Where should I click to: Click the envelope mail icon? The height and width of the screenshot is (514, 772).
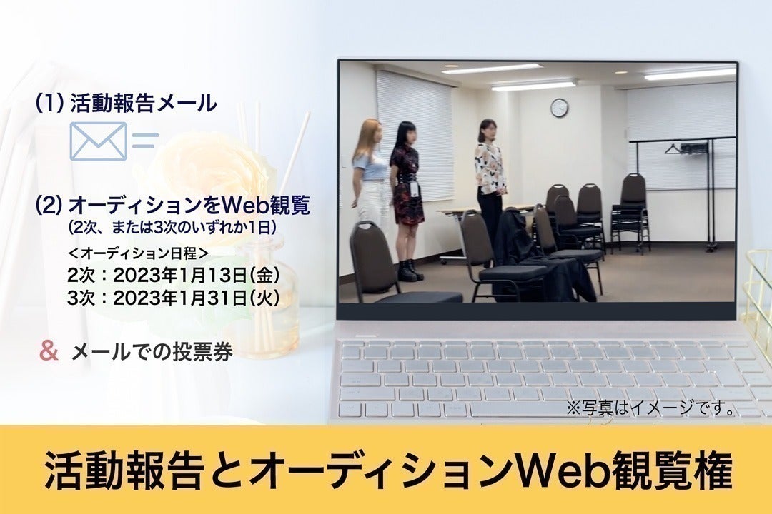coord(99,141)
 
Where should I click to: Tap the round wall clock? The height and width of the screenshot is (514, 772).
coord(559,108)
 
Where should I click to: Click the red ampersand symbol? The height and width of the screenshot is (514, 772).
coord(49,352)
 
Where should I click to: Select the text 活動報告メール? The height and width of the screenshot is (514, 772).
coord(144,104)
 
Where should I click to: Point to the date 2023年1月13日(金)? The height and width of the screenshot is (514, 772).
coord(197,276)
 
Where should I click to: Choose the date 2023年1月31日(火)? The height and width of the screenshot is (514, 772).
coord(197,298)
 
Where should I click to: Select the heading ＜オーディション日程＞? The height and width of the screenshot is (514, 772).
coord(139,254)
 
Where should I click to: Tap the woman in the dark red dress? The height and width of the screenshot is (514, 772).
coord(407,201)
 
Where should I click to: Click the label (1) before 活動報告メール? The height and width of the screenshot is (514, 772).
coord(50,104)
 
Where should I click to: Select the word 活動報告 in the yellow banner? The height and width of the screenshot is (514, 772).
coord(123,470)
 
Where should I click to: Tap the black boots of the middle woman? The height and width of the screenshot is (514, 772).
coord(410,270)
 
